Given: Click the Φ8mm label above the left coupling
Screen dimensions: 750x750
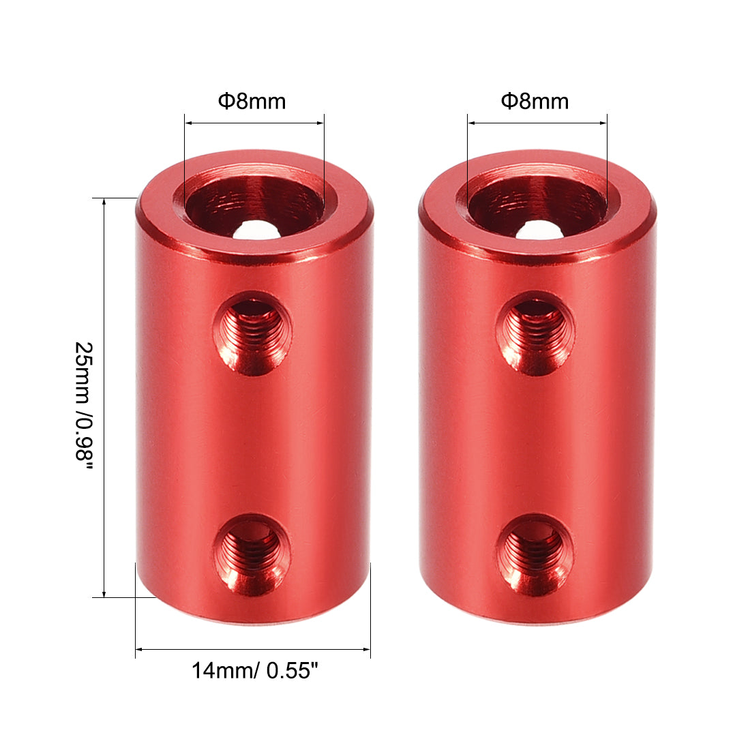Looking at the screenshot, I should (x=252, y=102).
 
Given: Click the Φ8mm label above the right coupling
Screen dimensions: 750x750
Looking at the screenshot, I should (x=535, y=102).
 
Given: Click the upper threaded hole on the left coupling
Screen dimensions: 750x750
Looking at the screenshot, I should (x=252, y=333).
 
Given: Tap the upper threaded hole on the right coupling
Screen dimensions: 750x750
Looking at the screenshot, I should (x=535, y=333).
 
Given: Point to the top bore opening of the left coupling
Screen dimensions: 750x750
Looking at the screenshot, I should (x=254, y=203).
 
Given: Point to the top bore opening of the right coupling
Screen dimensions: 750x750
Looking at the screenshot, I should (x=538, y=203).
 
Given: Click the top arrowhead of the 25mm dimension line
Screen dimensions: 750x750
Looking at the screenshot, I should (x=104, y=202).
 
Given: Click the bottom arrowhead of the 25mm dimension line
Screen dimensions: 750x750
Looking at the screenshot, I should (x=104, y=594).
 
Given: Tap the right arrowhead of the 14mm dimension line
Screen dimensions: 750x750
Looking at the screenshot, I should (x=367, y=649).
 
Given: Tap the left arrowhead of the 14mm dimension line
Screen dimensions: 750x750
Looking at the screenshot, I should (x=139, y=649).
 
